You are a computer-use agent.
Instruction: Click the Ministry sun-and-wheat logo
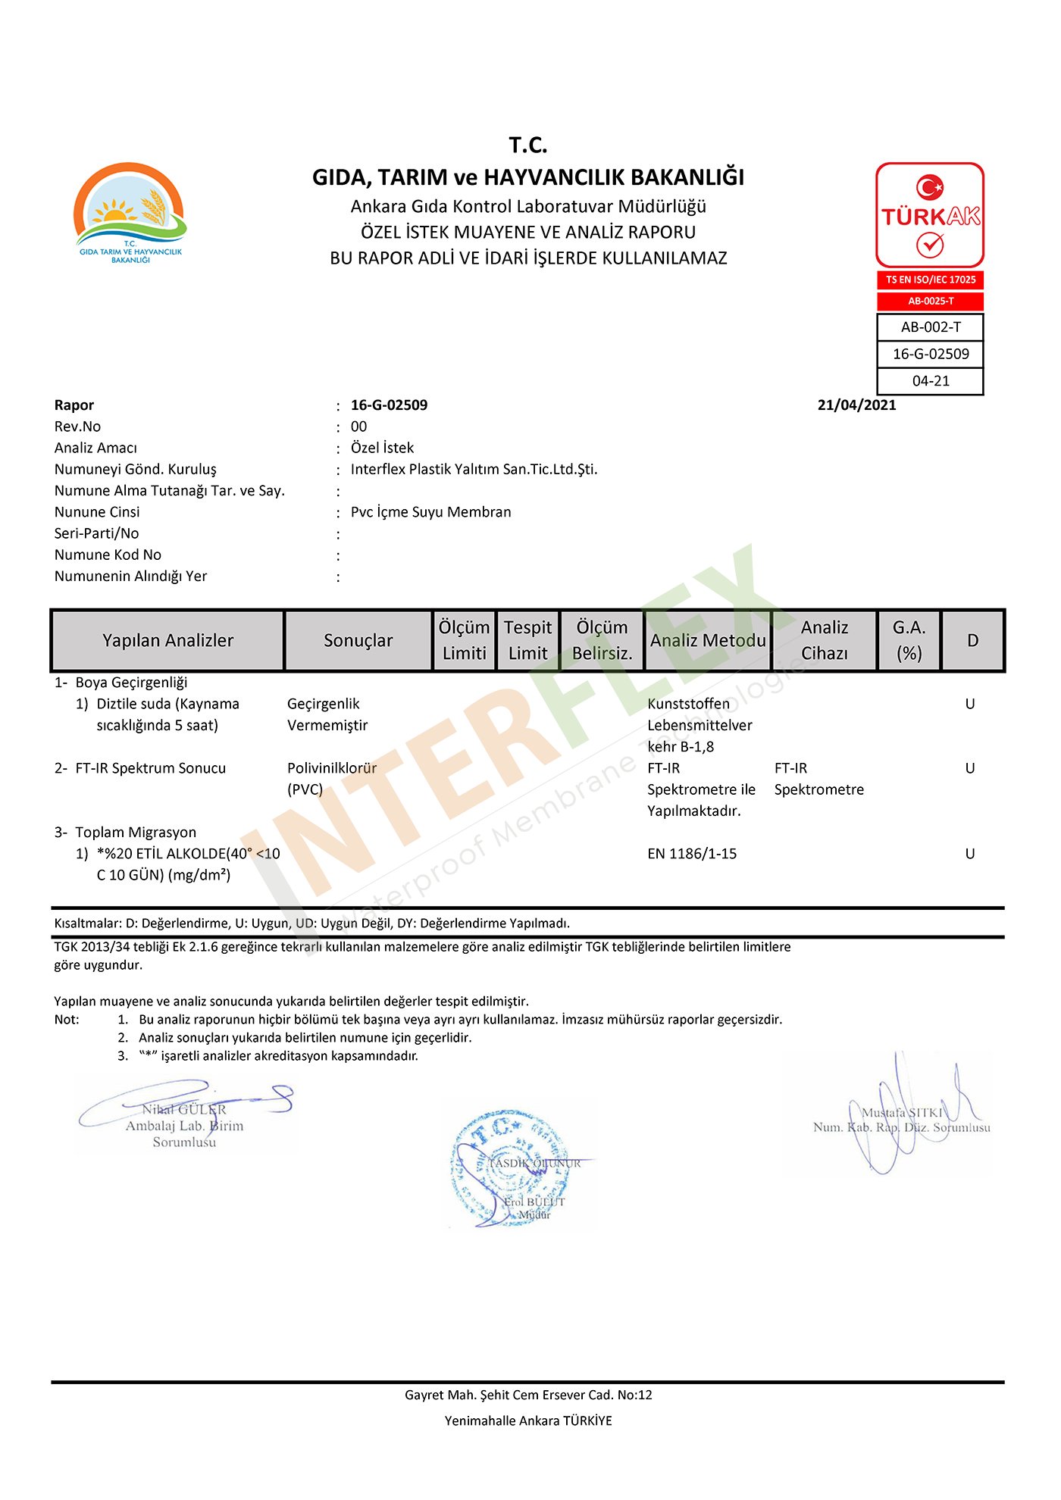click(x=130, y=213)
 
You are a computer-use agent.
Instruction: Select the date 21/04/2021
click(x=856, y=405)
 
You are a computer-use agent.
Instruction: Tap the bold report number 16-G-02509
click(x=389, y=405)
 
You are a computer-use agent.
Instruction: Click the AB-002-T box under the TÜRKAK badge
click(x=930, y=327)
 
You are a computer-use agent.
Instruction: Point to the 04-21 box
click(x=930, y=381)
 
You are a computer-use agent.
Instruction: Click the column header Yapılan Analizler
click(x=167, y=641)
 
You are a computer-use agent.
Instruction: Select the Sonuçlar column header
click(x=358, y=641)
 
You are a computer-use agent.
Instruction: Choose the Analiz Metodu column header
click(x=707, y=641)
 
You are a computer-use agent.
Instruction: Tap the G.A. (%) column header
click(x=909, y=641)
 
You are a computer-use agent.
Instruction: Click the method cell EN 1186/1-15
click(x=691, y=854)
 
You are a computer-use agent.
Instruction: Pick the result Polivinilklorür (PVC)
click(x=331, y=779)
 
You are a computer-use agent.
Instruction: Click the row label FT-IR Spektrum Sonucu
click(x=150, y=768)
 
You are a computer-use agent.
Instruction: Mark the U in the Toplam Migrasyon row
click(x=969, y=854)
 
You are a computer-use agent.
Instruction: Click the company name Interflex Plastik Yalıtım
click(x=474, y=470)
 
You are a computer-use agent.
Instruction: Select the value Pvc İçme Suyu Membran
click(x=430, y=512)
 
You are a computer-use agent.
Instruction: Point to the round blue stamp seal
click(x=509, y=1167)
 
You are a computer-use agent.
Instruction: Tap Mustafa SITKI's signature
click(x=902, y=1114)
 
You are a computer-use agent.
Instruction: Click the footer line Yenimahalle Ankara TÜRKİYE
click(x=528, y=1421)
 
